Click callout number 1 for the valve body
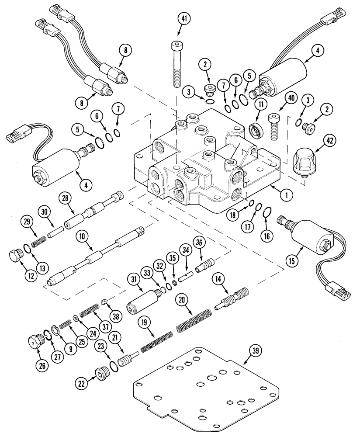[287, 196]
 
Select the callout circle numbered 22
[82, 383]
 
